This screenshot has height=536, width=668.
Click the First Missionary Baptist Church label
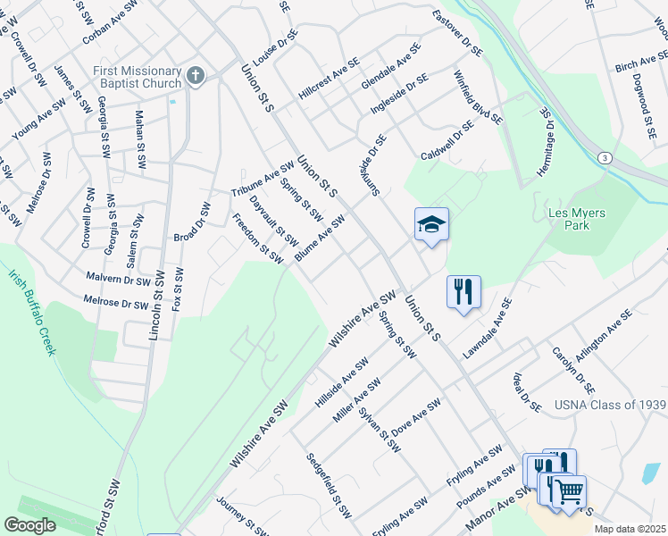pyautogui.click(x=137, y=77)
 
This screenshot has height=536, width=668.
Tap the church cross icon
pyautogui.click(x=196, y=77)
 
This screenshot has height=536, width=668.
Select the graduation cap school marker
pyautogui.click(x=431, y=225)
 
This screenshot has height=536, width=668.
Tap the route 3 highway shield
pyautogui.click(x=606, y=157)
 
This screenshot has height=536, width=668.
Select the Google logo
pyautogui.click(x=29, y=524)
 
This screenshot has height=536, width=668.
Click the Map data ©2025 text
pyautogui.click(x=630, y=529)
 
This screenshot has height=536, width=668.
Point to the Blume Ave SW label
pyautogui.click(x=319, y=239)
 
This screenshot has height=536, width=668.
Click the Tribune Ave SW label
pyautogui.click(x=263, y=180)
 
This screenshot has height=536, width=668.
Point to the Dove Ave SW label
pyautogui.click(x=416, y=416)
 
